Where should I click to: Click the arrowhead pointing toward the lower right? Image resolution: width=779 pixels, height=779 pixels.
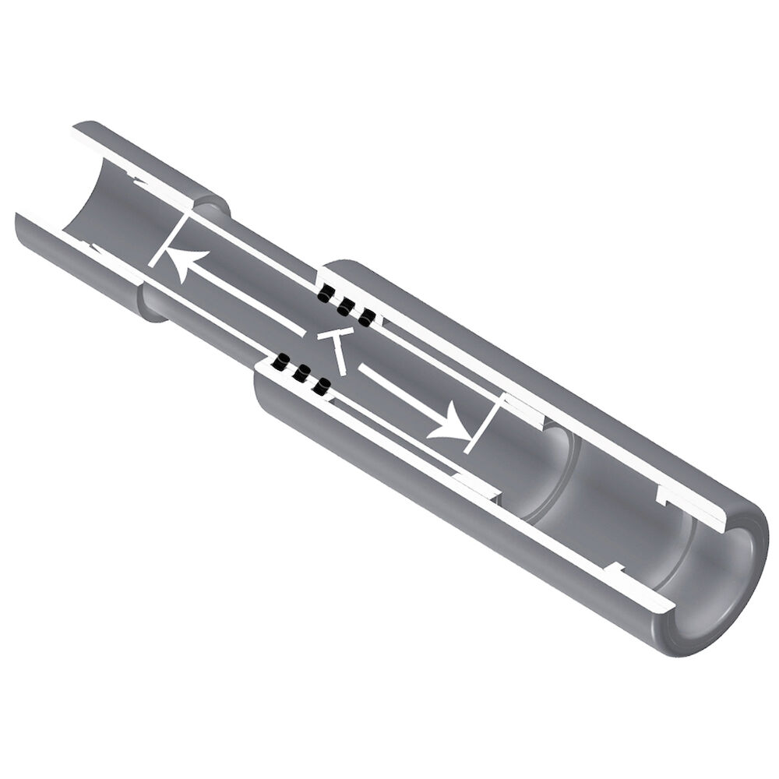coord(449,425)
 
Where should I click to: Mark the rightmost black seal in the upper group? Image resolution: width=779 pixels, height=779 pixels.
coord(364,317)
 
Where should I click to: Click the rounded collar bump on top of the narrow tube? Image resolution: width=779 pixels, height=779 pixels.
coord(210,207)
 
